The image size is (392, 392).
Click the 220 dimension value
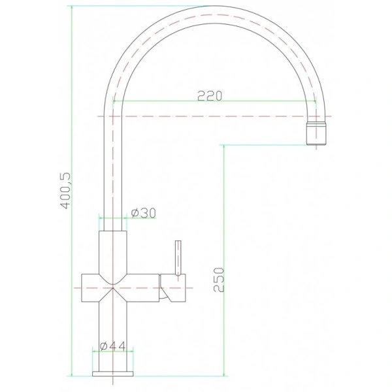click(x=210, y=96)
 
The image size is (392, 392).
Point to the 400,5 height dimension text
click(x=66, y=191)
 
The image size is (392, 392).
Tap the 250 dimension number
click(x=219, y=280)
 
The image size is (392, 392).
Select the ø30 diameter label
click(x=144, y=213)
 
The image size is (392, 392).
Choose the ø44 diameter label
click(x=112, y=346)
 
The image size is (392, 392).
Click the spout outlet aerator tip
click(x=316, y=133)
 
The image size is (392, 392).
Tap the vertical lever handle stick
click(x=178, y=258)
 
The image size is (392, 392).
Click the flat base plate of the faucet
click(x=113, y=374)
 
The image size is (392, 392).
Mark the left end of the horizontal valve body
click(x=82, y=288)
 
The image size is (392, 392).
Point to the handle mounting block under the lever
click(x=173, y=287)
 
